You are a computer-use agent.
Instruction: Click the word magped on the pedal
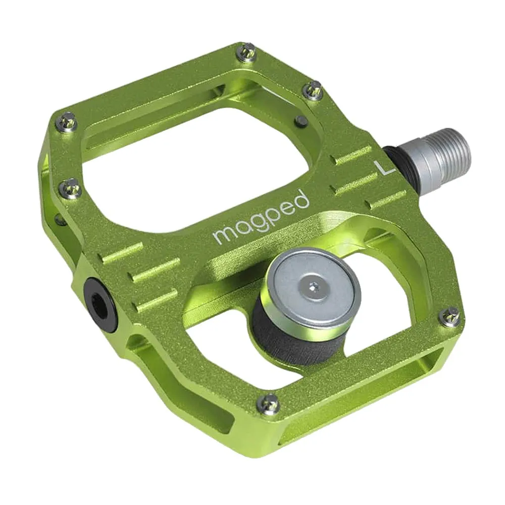point(261,217)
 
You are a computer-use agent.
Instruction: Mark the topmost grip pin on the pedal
point(247,52)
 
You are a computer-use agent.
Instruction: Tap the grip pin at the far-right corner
point(449,316)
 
